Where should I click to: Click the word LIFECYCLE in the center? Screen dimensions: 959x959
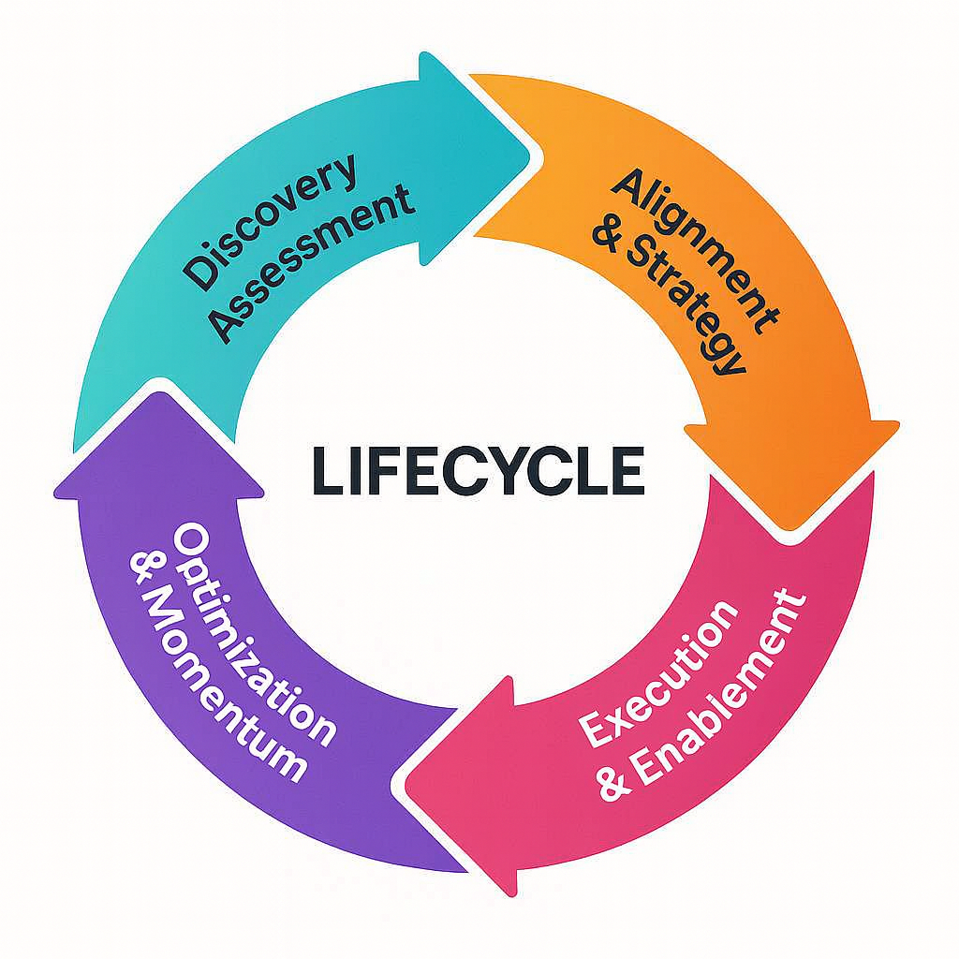tap(478, 470)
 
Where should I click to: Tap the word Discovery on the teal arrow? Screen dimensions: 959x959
tap(272, 221)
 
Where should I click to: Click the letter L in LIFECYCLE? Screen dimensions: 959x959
tap(326, 470)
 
